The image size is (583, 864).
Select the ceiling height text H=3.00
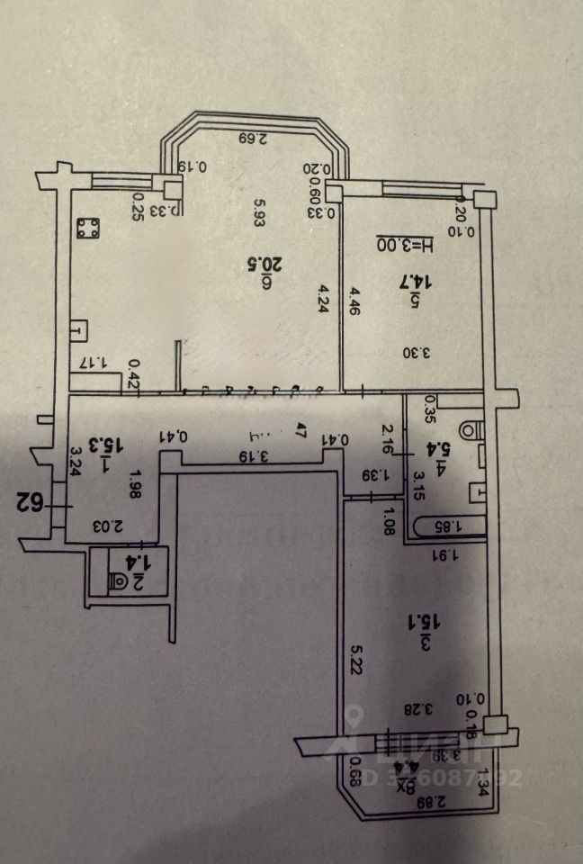click(403, 244)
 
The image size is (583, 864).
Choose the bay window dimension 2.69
click(255, 139)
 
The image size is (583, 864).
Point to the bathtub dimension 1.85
click(444, 526)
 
